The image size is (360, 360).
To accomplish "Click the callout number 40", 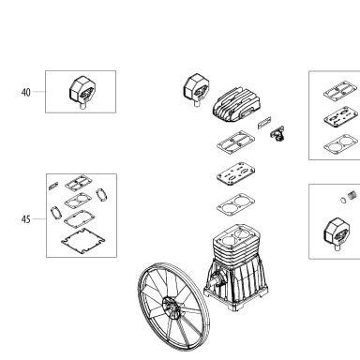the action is (x=26, y=92).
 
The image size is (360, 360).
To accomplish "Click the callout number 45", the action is (x=26, y=219).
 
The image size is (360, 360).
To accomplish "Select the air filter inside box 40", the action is (x=82, y=92).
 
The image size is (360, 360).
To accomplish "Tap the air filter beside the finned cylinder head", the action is (x=197, y=90).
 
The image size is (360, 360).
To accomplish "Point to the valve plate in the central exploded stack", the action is (x=235, y=174).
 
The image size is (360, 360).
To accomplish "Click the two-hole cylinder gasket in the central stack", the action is (x=235, y=205).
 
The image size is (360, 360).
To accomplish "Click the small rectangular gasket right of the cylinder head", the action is (x=264, y=122).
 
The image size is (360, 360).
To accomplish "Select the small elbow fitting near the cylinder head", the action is (x=277, y=133).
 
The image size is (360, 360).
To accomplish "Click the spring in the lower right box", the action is (x=352, y=195).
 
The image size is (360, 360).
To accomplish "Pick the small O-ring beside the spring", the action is (x=343, y=200).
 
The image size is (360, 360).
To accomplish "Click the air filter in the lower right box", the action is (x=337, y=233).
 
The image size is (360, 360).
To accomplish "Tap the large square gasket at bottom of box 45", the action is (x=82, y=241).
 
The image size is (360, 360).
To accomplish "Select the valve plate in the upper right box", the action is (x=341, y=117).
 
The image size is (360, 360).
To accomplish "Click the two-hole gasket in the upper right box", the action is (x=341, y=144).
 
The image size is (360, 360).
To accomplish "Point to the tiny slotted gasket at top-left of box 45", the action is (x=53, y=186).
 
